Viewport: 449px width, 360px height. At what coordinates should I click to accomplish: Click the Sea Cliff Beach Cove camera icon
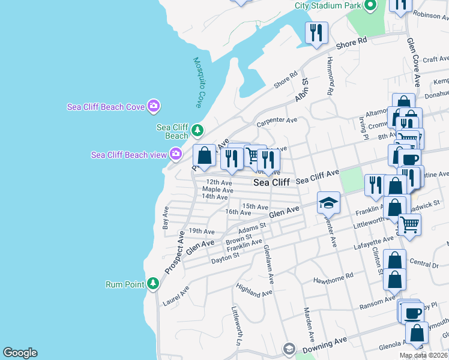[x=154, y=106]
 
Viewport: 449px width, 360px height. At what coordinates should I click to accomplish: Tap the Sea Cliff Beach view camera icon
[x=176, y=154]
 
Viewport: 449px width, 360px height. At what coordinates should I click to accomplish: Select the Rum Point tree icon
[x=153, y=283]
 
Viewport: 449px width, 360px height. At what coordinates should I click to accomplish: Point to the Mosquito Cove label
[x=199, y=83]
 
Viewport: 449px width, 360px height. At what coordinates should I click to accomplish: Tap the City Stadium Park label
[x=327, y=6]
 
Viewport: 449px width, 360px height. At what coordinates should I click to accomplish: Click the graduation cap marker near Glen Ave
[x=328, y=203]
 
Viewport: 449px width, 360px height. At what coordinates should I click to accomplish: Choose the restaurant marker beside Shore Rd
[x=316, y=32]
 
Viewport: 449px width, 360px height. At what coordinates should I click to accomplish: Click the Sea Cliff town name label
[x=271, y=182]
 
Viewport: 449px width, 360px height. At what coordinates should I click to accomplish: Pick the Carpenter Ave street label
[x=277, y=122]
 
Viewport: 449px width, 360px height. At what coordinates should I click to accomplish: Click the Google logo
[x=20, y=353]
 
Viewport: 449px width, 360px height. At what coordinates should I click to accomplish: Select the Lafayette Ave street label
[x=373, y=242]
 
